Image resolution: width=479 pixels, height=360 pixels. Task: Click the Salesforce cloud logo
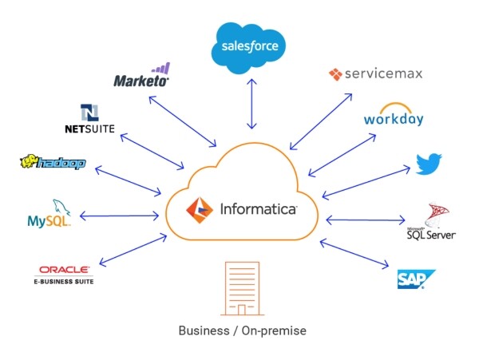coord(248,48)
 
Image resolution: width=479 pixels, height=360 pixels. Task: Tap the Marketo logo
coord(142,75)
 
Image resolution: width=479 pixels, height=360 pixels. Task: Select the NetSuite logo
coord(89,119)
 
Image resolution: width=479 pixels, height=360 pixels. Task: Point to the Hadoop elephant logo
coord(53,162)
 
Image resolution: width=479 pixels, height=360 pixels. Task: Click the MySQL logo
coord(49,213)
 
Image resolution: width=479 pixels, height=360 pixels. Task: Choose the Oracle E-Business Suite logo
coord(64,275)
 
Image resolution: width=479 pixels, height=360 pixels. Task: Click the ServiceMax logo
coord(376,74)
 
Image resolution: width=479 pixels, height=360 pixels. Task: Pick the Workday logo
coord(394,114)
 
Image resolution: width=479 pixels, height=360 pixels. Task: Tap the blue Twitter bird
coord(429,164)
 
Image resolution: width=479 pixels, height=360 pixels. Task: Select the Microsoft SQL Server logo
coord(431,221)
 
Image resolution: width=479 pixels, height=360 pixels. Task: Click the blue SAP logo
coord(416,279)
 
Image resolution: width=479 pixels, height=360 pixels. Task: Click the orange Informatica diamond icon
coord(200,210)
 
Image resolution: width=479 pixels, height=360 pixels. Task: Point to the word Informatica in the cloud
coord(259,210)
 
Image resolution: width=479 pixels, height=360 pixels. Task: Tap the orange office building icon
coord(242,288)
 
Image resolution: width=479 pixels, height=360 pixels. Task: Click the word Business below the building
coord(204,330)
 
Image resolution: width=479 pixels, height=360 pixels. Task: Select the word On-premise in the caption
coord(274,331)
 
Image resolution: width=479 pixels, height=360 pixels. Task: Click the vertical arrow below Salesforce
coord(251,104)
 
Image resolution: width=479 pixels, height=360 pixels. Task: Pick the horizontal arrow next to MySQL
coord(119,216)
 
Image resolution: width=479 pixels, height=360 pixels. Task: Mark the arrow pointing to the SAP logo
coord(354,254)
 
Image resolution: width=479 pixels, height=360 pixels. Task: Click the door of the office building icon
coord(242,310)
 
